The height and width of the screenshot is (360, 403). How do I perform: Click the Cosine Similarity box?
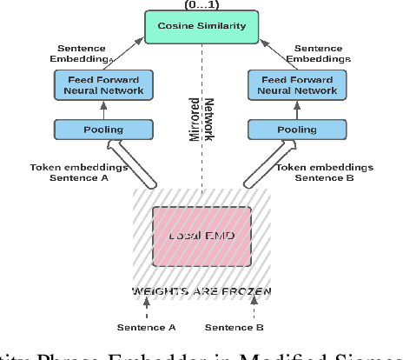click(x=201, y=26)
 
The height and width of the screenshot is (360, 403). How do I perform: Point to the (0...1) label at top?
click(x=201, y=3)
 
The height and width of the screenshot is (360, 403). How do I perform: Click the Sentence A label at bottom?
click(x=147, y=327)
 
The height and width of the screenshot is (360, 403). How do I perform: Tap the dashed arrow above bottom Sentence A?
click(x=147, y=306)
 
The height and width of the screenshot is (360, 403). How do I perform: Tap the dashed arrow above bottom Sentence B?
click(x=255, y=306)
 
